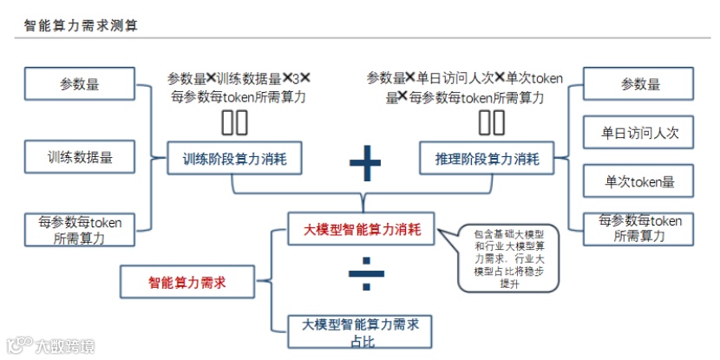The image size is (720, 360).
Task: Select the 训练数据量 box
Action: click(80, 158)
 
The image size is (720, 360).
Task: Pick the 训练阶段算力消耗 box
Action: click(229, 159)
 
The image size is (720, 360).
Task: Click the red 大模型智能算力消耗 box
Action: click(363, 230)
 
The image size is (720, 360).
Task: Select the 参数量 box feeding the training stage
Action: click(80, 84)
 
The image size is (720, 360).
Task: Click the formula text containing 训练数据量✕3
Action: click(238, 88)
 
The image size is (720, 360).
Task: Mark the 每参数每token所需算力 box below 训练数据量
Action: click(80, 230)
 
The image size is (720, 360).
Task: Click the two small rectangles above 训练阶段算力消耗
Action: click(234, 123)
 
